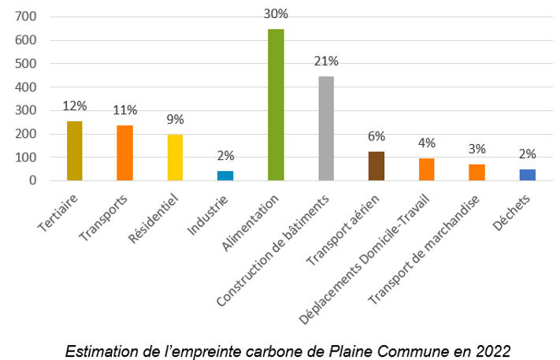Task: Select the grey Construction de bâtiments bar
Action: coord(326,128)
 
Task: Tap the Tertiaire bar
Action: coord(74,150)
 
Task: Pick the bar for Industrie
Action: coord(225,176)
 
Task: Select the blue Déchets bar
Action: coord(527,175)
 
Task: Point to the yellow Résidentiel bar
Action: coord(175,158)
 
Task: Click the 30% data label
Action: coord(276,13)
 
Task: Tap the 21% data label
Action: coord(326,61)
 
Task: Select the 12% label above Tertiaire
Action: coord(74,106)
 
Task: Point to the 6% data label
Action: coord(376,135)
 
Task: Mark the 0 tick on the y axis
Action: coord(32,180)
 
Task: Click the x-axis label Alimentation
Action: coord(252,223)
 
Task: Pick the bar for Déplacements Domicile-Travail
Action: coord(426,169)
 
